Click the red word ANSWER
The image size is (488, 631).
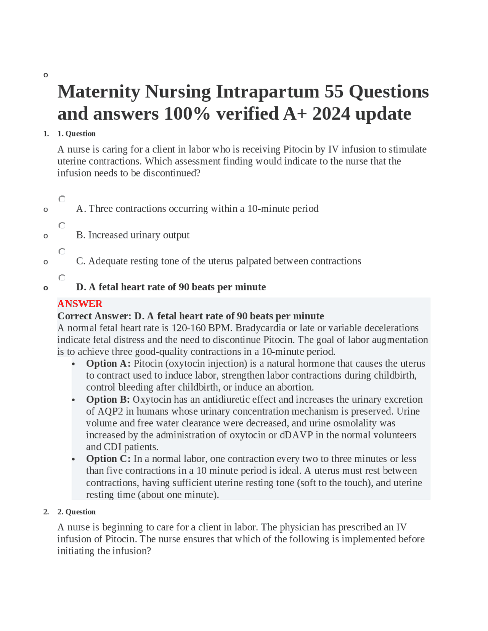pyautogui.click(x=80, y=304)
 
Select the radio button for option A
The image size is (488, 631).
pyautogui.click(x=62, y=199)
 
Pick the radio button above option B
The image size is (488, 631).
pyautogui.click(x=62, y=225)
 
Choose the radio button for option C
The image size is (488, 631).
pyautogui.click(x=62, y=251)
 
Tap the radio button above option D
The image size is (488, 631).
pyautogui.click(x=62, y=277)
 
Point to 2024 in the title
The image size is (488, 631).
pyautogui.click(x=331, y=114)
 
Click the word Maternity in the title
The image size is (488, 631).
pyautogui.click(x=99, y=92)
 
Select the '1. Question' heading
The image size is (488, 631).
pyautogui.click(x=76, y=134)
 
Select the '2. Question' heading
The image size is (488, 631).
pyautogui.click(x=76, y=512)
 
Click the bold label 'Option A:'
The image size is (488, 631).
pyautogui.click(x=108, y=364)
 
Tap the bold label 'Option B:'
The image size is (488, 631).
pyautogui.click(x=108, y=399)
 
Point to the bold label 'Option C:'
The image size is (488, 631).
pyautogui.click(x=108, y=459)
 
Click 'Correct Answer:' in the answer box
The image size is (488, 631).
pyautogui.click(x=94, y=316)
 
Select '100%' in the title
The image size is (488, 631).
pyautogui.click(x=187, y=114)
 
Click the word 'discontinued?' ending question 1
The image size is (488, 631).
pyautogui.click(x=172, y=173)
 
